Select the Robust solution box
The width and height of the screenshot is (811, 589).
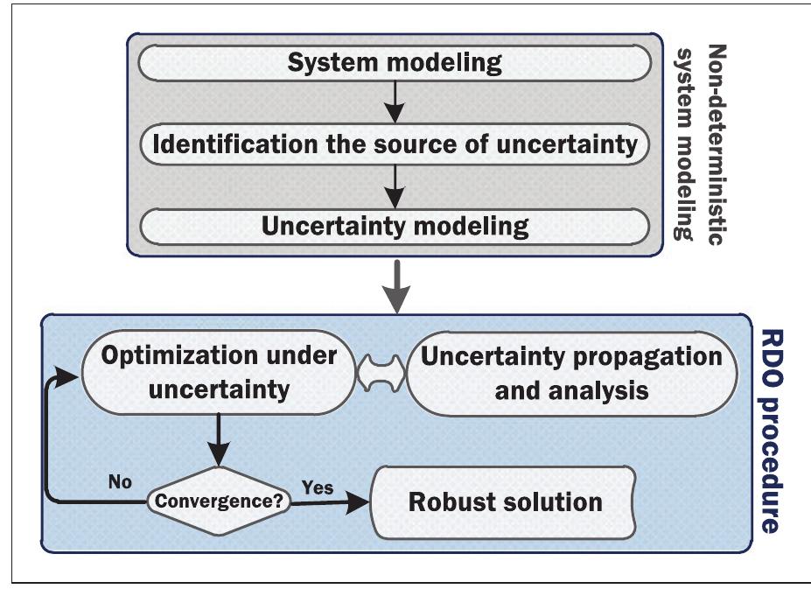[x=505, y=502]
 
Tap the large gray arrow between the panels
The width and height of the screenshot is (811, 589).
[x=397, y=285]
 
